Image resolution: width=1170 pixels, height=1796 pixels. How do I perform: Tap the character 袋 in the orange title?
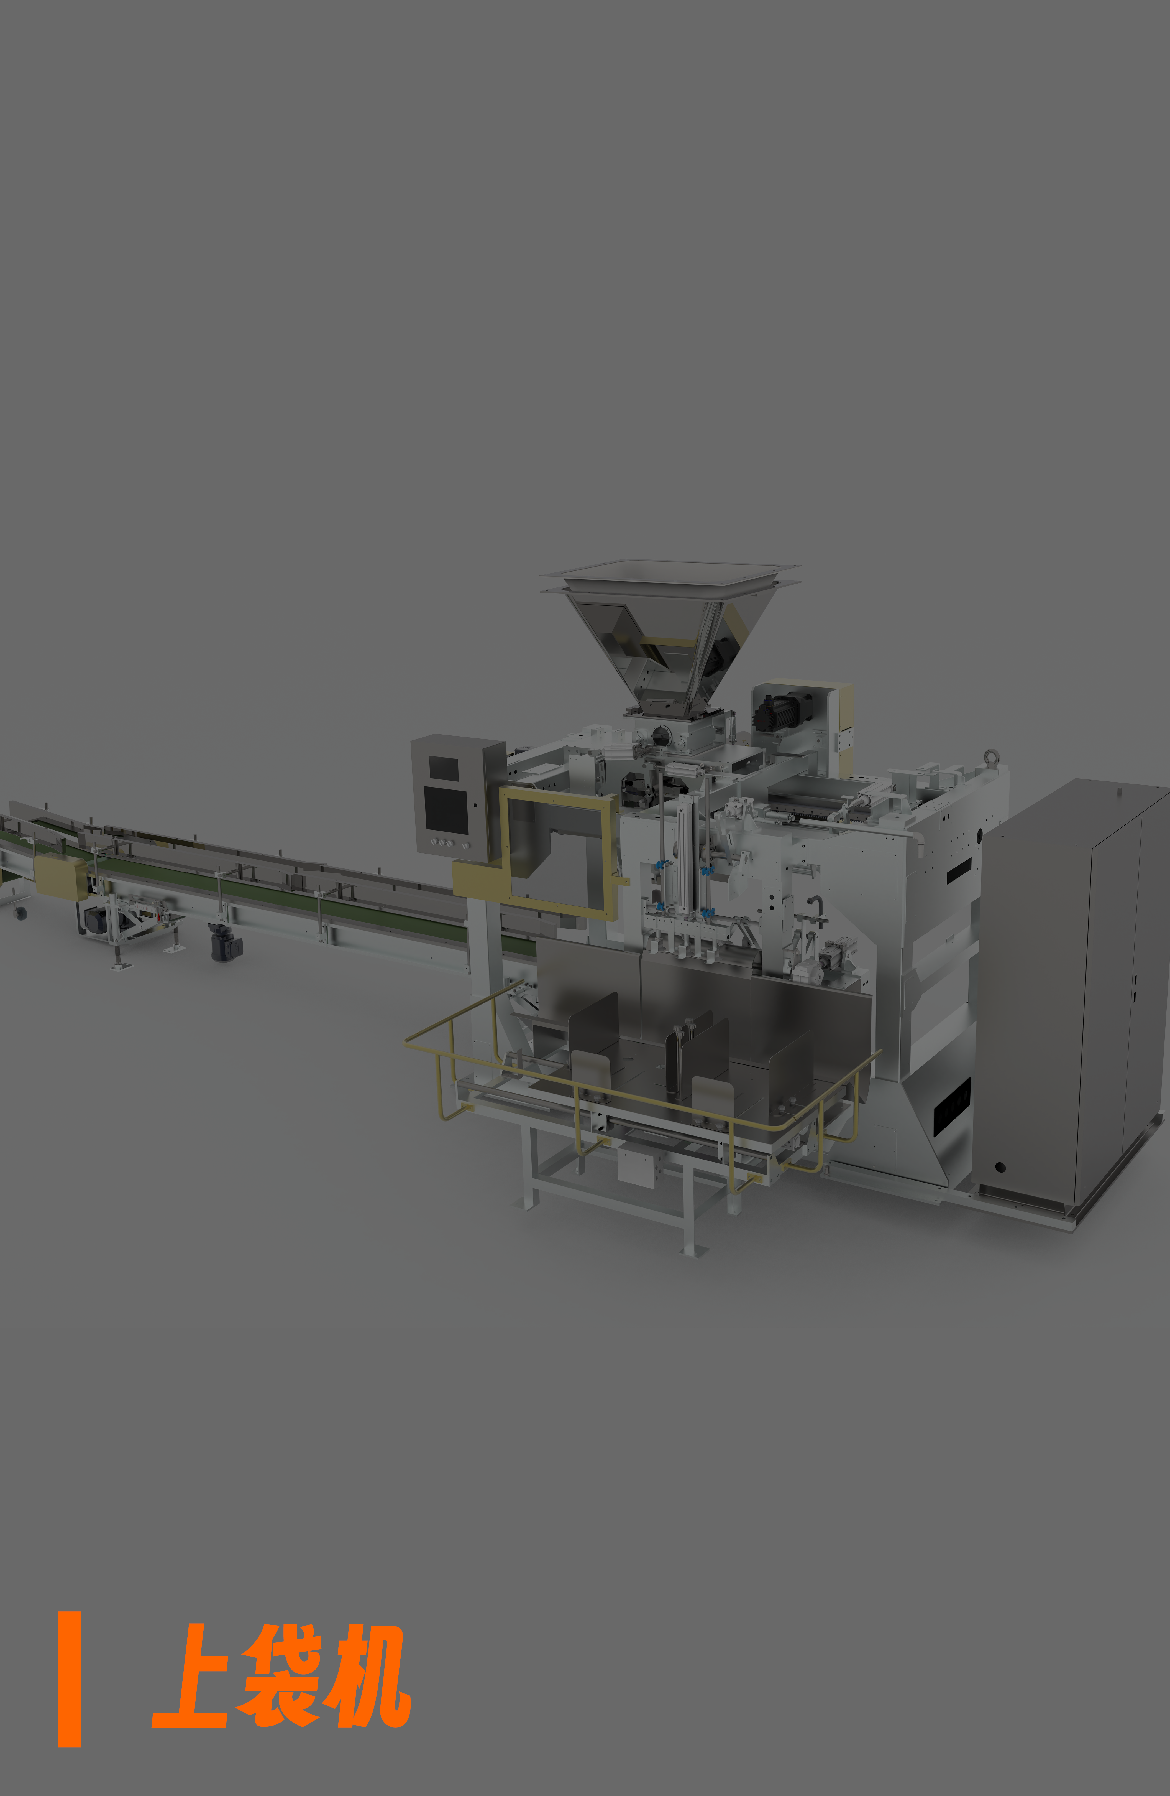point(279,1677)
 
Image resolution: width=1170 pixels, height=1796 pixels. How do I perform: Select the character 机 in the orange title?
point(367,1677)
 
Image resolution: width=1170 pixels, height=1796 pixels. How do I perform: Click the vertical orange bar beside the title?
point(69,1679)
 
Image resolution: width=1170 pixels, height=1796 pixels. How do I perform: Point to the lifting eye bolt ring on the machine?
point(990,757)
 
